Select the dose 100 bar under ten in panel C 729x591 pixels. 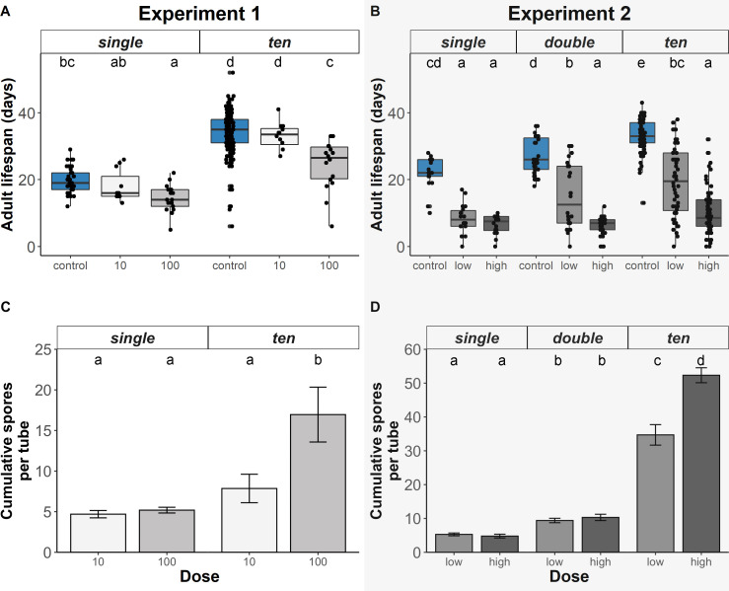[318, 482]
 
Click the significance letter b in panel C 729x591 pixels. [318, 360]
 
